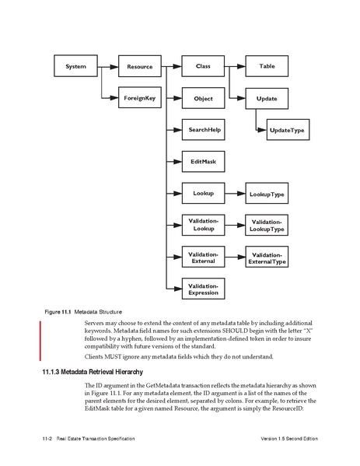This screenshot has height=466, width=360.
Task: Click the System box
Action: [x=75, y=68]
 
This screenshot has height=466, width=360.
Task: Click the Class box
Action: [x=202, y=68]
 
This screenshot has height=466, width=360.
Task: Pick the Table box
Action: [x=267, y=68]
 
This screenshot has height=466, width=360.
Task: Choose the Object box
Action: [x=202, y=100]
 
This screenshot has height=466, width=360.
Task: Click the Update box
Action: [x=267, y=100]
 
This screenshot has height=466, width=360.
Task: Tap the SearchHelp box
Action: [x=202, y=128]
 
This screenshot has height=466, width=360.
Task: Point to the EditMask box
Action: [x=202, y=160]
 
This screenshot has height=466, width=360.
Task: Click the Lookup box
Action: [x=202, y=191]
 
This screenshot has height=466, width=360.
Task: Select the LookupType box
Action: [x=267, y=192]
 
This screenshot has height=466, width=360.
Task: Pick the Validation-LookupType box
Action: [x=267, y=226]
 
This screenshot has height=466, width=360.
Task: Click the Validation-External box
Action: [x=202, y=258]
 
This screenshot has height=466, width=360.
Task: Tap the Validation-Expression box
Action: [x=202, y=289]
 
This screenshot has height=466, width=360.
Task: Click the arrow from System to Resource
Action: [x=107, y=68]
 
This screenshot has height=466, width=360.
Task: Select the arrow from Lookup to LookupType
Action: [x=234, y=191]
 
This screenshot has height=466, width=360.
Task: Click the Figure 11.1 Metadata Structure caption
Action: [x=82, y=311]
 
